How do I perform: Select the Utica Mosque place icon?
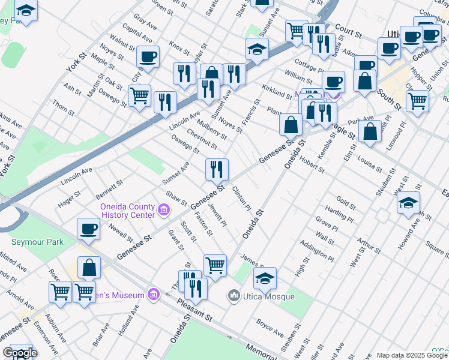[x=234, y=296]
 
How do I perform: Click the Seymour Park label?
[x=37, y=242]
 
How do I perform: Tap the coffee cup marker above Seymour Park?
[x=88, y=229]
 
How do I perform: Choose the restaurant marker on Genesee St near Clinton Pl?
[x=217, y=169]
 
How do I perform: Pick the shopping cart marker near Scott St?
[x=214, y=264]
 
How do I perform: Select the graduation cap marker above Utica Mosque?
[x=265, y=277]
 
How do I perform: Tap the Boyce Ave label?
[x=270, y=327]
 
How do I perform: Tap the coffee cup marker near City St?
[x=148, y=57]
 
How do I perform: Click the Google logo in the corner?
[x=20, y=353]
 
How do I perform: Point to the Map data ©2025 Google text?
[x=412, y=355]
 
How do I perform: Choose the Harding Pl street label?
[x=339, y=211]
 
